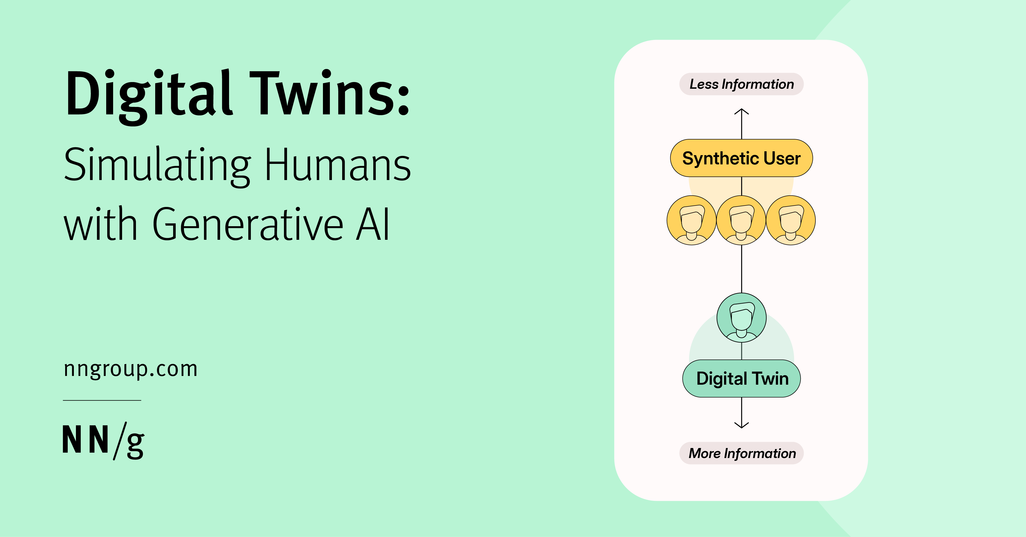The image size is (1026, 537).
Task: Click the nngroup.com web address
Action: coord(131,369)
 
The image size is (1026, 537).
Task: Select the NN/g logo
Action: coord(104,441)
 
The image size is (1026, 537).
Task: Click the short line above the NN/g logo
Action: coord(102,400)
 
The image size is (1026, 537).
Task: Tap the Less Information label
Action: coord(741,84)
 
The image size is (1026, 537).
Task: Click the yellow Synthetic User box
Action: coord(741,158)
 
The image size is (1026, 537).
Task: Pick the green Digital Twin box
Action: coord(741,379)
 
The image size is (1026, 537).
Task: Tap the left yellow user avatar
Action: coord(692,220)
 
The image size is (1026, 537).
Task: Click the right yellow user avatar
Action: coord(791,220)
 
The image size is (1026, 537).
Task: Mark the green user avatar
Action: coord(741,318)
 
